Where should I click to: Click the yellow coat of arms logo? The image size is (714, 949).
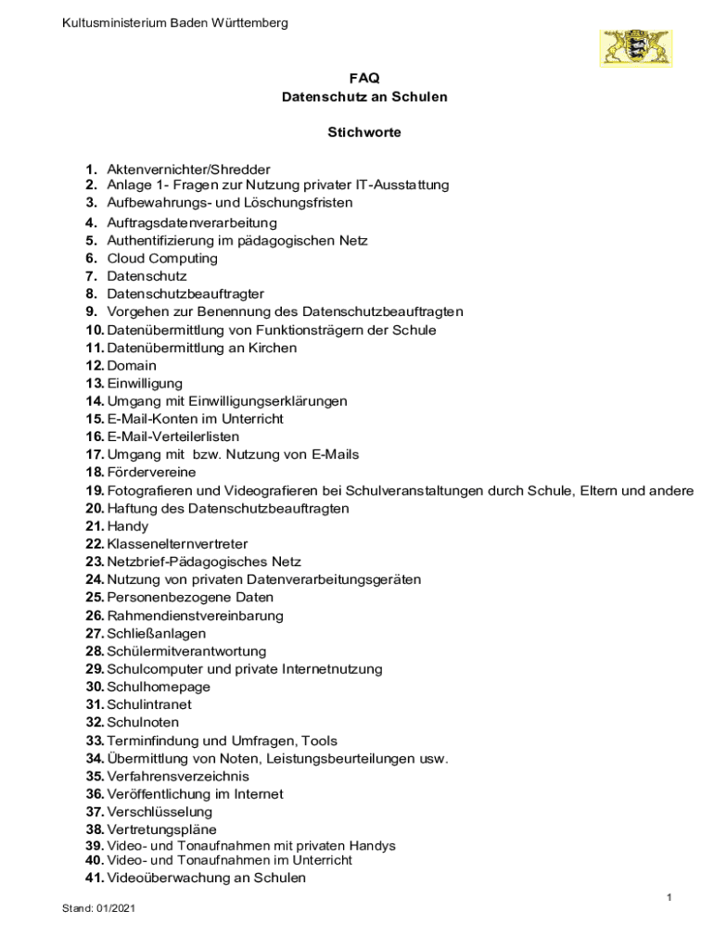click(x=637, y=47)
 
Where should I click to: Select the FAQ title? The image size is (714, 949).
click(x=363, y=79)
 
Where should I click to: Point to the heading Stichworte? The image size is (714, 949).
click(x=363, y=133)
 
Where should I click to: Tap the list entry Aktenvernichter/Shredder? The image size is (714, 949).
click(x=188, y=169)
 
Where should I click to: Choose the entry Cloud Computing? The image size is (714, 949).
click(x=162, y=259)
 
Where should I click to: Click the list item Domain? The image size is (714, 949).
click(x=132, y=365)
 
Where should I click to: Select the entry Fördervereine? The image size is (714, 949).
click(x=151, y=473)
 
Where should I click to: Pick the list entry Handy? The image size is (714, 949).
click(x=128, y=526)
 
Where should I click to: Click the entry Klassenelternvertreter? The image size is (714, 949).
click(x=177, y=544)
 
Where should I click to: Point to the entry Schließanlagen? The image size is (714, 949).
click(x=156, y=633)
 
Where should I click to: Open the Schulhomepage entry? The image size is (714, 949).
click(x=159, y=687)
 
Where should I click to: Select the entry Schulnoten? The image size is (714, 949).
click(x=143, y=722)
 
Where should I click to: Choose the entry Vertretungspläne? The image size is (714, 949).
click(x=161, y=829)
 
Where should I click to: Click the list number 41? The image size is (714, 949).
click(x=95, y=878)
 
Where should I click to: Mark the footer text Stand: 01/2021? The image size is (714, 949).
click(x=98, y=908)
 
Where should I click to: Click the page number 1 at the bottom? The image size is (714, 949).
click(x=669, y=897)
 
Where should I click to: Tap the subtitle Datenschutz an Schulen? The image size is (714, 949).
click(x=363, y=97)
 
